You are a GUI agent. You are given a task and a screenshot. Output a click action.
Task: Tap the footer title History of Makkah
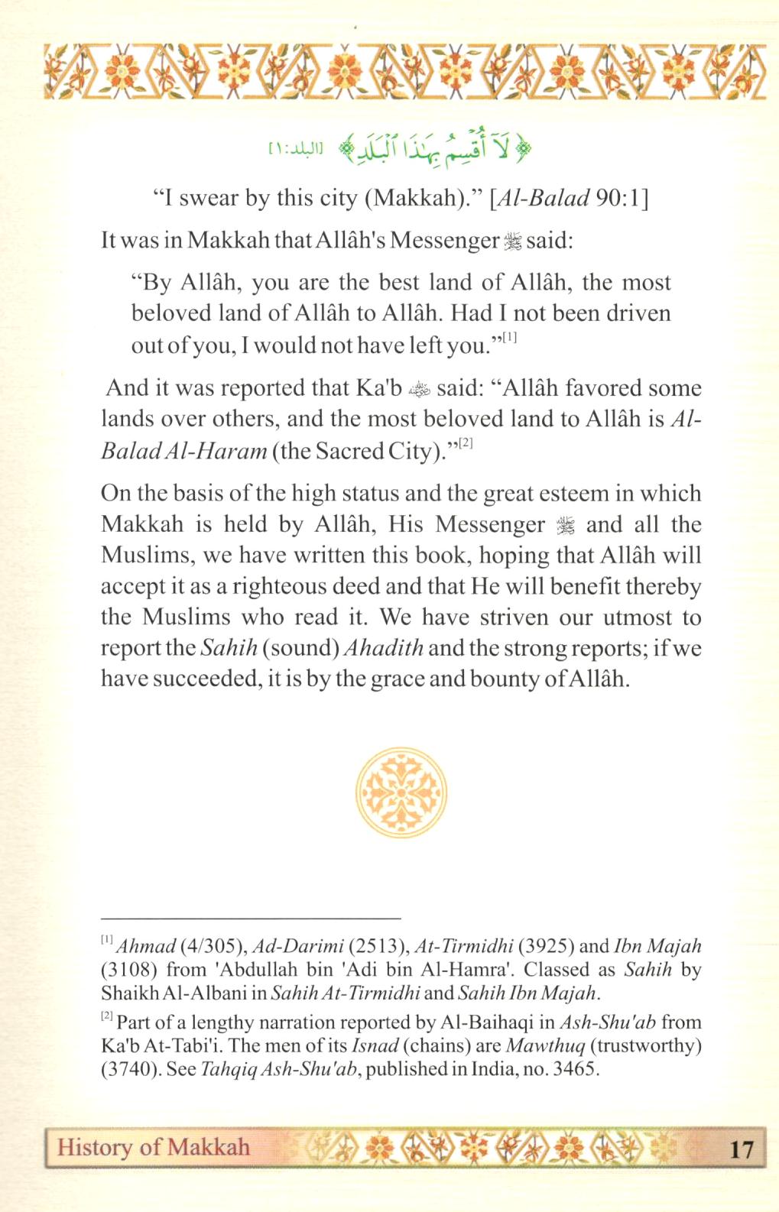click(x=154, y=1147)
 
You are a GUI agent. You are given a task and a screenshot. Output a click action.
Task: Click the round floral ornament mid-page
click(x=401, y=792)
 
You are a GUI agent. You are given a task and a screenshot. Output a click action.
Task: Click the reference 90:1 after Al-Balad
click(x=620, y=199)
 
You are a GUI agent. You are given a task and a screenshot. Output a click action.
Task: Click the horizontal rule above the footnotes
click(x=251, y=916)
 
